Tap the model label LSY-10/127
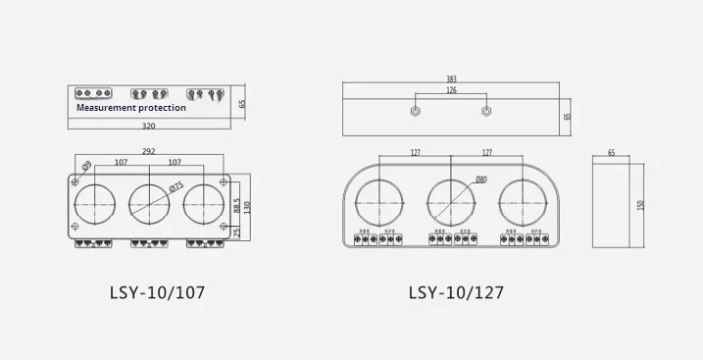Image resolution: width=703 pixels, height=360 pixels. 456,291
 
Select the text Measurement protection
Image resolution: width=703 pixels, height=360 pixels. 130,108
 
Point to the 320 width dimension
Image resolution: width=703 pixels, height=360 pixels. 148,127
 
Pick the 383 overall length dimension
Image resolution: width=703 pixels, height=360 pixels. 451,78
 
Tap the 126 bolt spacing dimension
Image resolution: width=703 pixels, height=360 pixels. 451,91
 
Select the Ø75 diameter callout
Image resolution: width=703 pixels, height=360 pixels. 176,186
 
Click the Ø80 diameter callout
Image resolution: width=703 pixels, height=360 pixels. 480,180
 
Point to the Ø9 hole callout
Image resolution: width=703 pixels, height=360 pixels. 86,164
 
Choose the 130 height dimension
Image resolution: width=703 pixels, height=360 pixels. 249,207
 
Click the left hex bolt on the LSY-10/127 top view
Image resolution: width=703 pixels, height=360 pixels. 416,111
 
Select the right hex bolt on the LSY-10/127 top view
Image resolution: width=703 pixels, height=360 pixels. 486,111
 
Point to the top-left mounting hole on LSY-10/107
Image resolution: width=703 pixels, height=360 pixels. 75,181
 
